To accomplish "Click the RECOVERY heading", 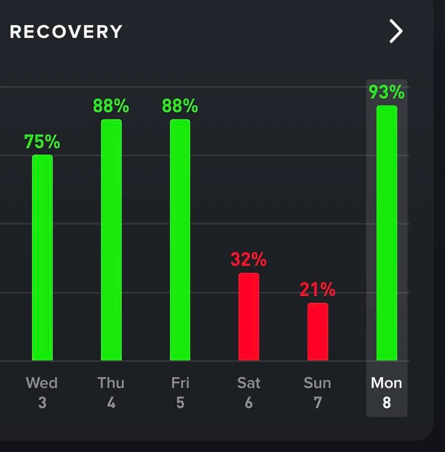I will (x=66, y=32).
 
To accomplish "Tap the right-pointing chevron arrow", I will (x=396, y=32).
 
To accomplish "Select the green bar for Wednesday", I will (x=42, y=258).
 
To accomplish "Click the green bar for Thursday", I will (x=111, y=240).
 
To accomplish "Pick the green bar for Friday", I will (x=180, y=240).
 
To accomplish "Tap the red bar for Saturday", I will (x=249, y=317).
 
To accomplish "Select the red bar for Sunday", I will (x=318, y=331).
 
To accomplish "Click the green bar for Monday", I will (x=387, y=233).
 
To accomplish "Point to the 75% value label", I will (x=42, y=142).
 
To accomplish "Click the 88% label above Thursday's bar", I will (x=111, y=106).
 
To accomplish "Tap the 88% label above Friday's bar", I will (x=180, y=106).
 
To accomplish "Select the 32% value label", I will (x=249, y=259).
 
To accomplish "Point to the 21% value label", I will (x=318, y=290).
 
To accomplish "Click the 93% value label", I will (x=387, y=92).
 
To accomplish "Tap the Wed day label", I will (x=42, y=383).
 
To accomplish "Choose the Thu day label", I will (x=111, y=383).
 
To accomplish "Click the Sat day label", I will (x=249, y=383).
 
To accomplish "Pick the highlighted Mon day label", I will (x=387, y=383).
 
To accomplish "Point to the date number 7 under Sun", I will (x=318, y=403).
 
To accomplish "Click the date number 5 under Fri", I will (x=180, y=403).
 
